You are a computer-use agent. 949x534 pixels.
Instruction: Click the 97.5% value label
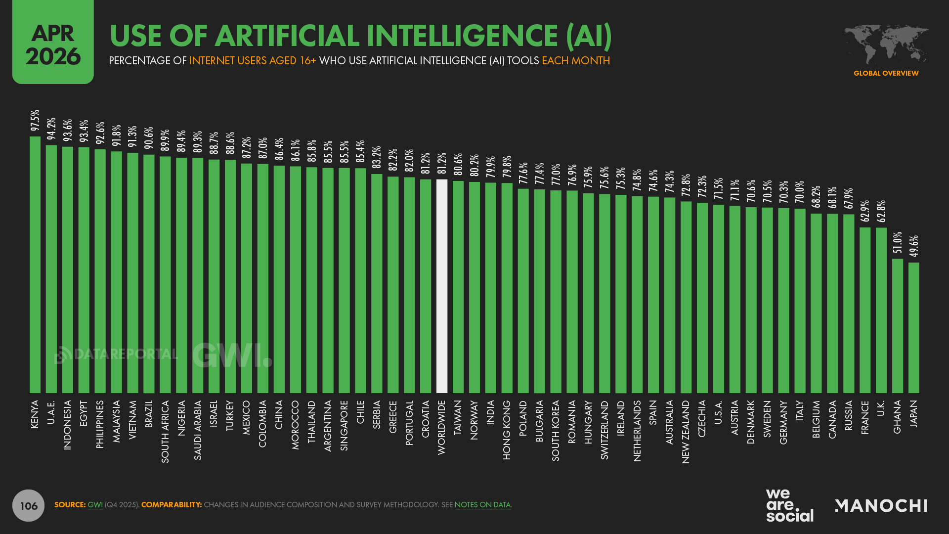(x=35, y=121)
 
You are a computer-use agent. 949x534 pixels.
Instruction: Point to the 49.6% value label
(x=914, y=246)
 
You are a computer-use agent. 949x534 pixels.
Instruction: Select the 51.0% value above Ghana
(x=898, y=242)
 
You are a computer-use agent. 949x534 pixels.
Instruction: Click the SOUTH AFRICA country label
(x=165, y=431)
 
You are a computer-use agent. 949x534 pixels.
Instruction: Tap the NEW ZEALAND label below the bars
(x=686, y=432)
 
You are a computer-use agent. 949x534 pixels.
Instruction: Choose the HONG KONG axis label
(x=507, y=430)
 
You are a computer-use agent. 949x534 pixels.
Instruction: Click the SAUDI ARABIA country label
(x=198, y=430)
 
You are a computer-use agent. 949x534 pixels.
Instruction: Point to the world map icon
(x=886, y=44)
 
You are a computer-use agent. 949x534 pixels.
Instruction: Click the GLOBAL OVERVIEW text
(x=886, y=73)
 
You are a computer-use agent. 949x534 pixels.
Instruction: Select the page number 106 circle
(x=29, y=505)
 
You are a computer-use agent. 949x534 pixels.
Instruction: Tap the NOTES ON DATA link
(x=482, y=505)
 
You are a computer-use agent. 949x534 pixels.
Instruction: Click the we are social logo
(x=789, y=505)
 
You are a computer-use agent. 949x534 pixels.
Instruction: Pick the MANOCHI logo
(x=881, y=506)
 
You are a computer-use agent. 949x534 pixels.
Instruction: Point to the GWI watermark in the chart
(x=231, y=355)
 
